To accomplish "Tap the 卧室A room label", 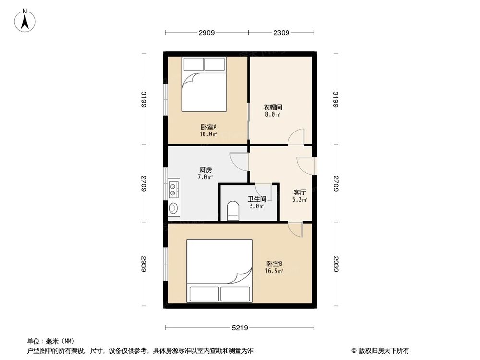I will pos(208,127).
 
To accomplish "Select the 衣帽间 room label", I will pos(272,108).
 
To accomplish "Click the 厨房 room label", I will pos(206,170).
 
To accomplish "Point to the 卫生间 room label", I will pos(257,199).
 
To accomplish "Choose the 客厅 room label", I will pos(300,192).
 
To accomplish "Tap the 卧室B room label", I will pos(274,264).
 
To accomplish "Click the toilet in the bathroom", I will pos(233,210).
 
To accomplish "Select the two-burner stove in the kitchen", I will pos(173,189).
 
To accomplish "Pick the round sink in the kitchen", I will pos(173,208).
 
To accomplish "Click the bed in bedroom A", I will pos(204,84).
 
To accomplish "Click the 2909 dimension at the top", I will pos(207,33).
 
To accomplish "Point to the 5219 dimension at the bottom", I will pos(240,328).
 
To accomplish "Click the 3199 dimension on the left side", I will pos(143,99).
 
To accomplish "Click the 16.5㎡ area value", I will pos(274,271).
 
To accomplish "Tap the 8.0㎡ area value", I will pos(272,115).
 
